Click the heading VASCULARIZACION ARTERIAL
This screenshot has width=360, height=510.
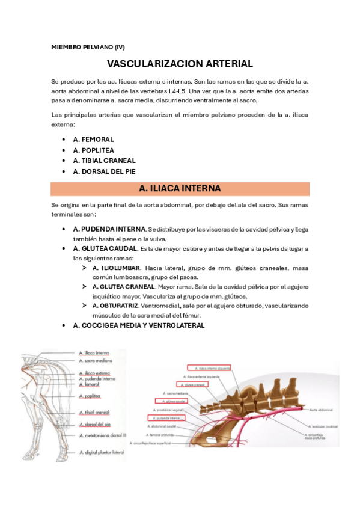180,64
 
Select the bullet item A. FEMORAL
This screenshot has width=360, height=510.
93,140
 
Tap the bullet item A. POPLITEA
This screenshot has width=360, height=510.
94,150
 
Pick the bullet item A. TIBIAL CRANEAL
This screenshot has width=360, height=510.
104,161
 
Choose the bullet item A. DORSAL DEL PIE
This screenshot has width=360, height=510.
104,171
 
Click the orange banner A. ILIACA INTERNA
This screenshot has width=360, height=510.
180,188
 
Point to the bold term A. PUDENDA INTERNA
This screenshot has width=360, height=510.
109,229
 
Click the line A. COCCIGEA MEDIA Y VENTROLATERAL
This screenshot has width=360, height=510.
139,325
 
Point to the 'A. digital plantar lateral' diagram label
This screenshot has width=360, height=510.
102,451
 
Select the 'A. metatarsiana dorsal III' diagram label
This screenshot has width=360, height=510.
103,434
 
